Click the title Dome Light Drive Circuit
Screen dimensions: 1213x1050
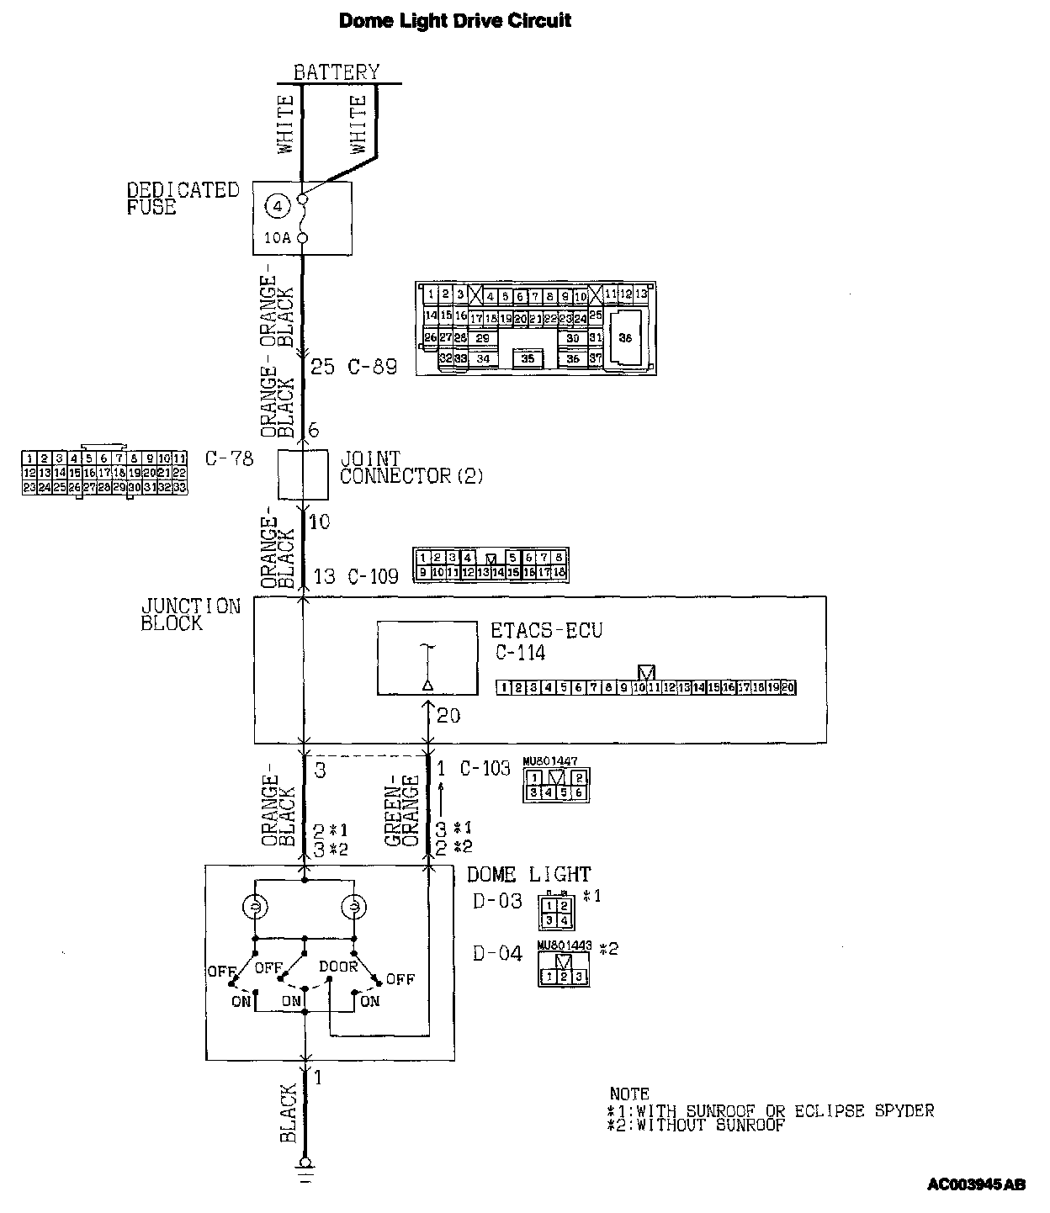tap(454, 20)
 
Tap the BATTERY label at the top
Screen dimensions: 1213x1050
tap(337, 72)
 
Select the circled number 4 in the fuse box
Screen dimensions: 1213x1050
tap(278, 204)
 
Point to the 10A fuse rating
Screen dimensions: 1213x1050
tap(277, 238)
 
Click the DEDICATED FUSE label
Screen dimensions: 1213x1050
tap(183, 199)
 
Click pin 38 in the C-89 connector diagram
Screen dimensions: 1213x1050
tap(624, 337)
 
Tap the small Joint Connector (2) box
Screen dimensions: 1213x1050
tap(303, 475)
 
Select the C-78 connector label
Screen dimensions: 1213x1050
tap(229, 459)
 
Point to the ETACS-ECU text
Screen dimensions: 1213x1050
tap(546, 630)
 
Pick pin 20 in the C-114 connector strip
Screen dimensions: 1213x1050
tap(788, 687)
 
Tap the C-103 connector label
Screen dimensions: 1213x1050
tap(485, 768)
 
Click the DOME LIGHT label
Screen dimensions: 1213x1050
tap(528, 875)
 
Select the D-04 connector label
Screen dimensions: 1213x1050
tap(497, 954)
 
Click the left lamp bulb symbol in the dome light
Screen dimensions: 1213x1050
tap(253, 908)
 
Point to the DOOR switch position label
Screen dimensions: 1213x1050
tap(338, 967)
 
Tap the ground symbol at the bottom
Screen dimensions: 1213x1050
tap(305, 1168)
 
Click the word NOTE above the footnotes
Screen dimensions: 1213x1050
tap(629, 1094)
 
